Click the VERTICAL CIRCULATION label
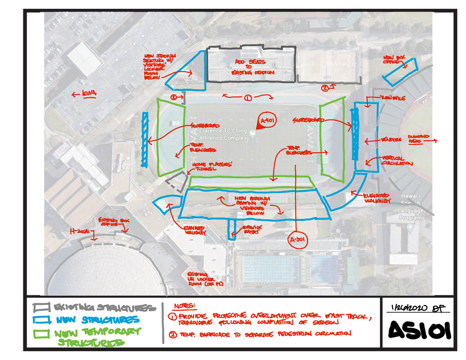(397, 161)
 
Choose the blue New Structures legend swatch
(41, 320)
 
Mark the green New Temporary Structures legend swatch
(41, 333)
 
